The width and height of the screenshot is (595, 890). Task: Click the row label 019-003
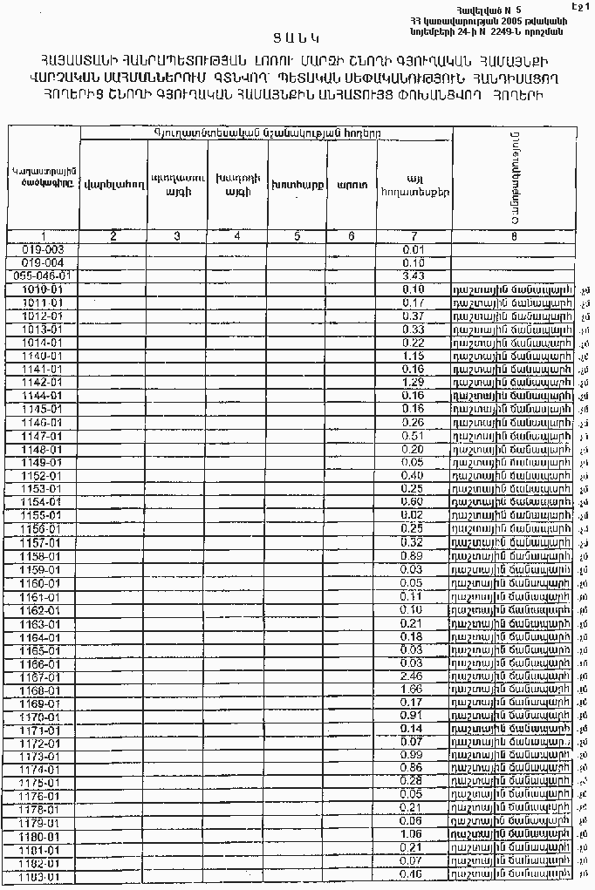(43, 249)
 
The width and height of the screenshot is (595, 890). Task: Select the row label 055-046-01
(43, 275)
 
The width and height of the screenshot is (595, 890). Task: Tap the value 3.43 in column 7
(414, 275)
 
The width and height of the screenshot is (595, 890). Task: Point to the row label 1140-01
(43, 356)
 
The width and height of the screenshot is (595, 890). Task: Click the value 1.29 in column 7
(414, 383)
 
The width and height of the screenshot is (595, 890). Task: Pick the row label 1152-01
(43, 476)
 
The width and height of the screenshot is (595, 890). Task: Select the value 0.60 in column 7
(414, 502)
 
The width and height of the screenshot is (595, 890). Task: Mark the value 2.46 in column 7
(414, 676)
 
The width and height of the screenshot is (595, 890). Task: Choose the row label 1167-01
(43, 676)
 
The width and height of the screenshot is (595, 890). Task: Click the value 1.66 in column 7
(414, 690)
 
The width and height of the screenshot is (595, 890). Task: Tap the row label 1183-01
(43, 876)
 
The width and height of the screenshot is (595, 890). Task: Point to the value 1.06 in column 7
(414, 836)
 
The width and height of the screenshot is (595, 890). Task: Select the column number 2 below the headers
(113, 235)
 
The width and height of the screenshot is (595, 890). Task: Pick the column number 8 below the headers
(513, 235)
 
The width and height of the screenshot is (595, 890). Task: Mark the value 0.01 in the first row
(414, 249)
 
